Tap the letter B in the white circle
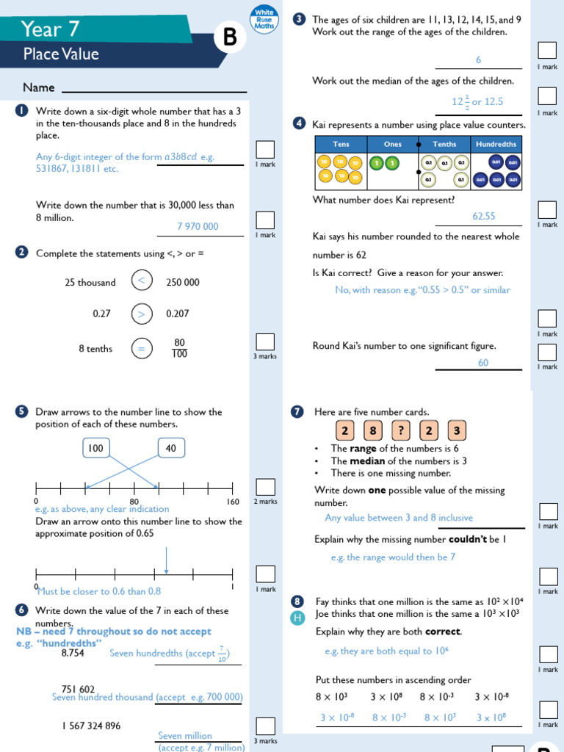[x=230, y=37]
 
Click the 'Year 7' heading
[x=50, y=29]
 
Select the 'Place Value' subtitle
[x=61, y=54]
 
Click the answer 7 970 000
[x=198, y=226]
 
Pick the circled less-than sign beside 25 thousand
[x=142, y=282]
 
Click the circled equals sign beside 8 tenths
[x=142, y=349]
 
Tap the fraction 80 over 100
[x=179, y=348]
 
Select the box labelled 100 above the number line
[x=95, y=448]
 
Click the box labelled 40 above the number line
[x=171, y=448]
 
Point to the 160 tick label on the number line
[x=233, y=502]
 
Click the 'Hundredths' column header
[x=496, y=144]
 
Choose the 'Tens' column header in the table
[x=341, y=144]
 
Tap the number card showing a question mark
[x=400, y=430]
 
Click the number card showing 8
[x=373, y=430]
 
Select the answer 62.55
[x=484, y=216]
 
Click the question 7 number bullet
[x=297, y=412]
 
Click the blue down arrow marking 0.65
[x=167, y=561]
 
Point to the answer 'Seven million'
[x=185, y=736]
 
